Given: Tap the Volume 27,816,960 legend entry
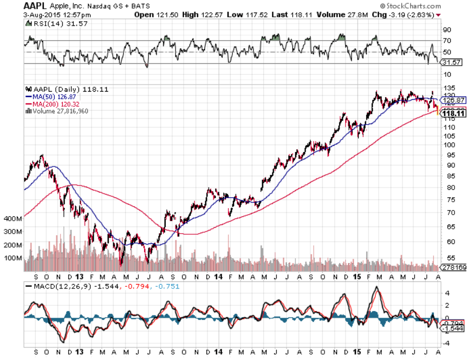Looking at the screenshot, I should [60, 111].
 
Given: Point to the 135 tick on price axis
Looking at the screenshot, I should [449, 87].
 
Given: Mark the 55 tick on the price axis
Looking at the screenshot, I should [447, 259].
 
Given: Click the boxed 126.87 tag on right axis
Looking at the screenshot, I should [454, 100].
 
